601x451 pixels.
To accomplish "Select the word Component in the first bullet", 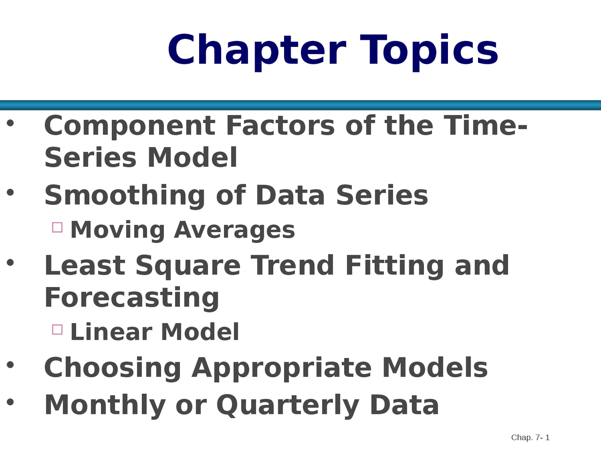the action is [x=130, y=126].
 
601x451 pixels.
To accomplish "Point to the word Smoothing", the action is [x=124, y=196].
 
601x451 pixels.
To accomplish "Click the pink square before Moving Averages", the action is [x=57, y=227].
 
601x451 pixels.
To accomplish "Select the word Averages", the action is [x=235, y=231].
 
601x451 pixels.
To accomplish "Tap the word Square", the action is [x=188, y=266].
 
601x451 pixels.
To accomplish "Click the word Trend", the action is [x=292, y=265].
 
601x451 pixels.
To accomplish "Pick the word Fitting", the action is [x=394, y=266].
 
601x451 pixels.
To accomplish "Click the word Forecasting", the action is [x=131, y=298].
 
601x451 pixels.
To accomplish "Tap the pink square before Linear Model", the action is [x=57, y=330].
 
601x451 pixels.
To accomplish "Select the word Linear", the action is [x=111, y=332].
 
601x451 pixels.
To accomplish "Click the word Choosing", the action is [x=113, y=369].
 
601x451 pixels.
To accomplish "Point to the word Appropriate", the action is [x=282, y=369].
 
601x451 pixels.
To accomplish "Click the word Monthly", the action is [x=105, y=406].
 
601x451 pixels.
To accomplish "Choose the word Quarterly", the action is [x=288, y=406].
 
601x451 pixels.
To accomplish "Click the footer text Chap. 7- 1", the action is [x=531, y=437].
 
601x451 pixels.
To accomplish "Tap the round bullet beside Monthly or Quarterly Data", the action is [x=10, y=402].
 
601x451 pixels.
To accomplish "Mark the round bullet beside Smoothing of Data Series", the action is [x=10, y=193].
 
